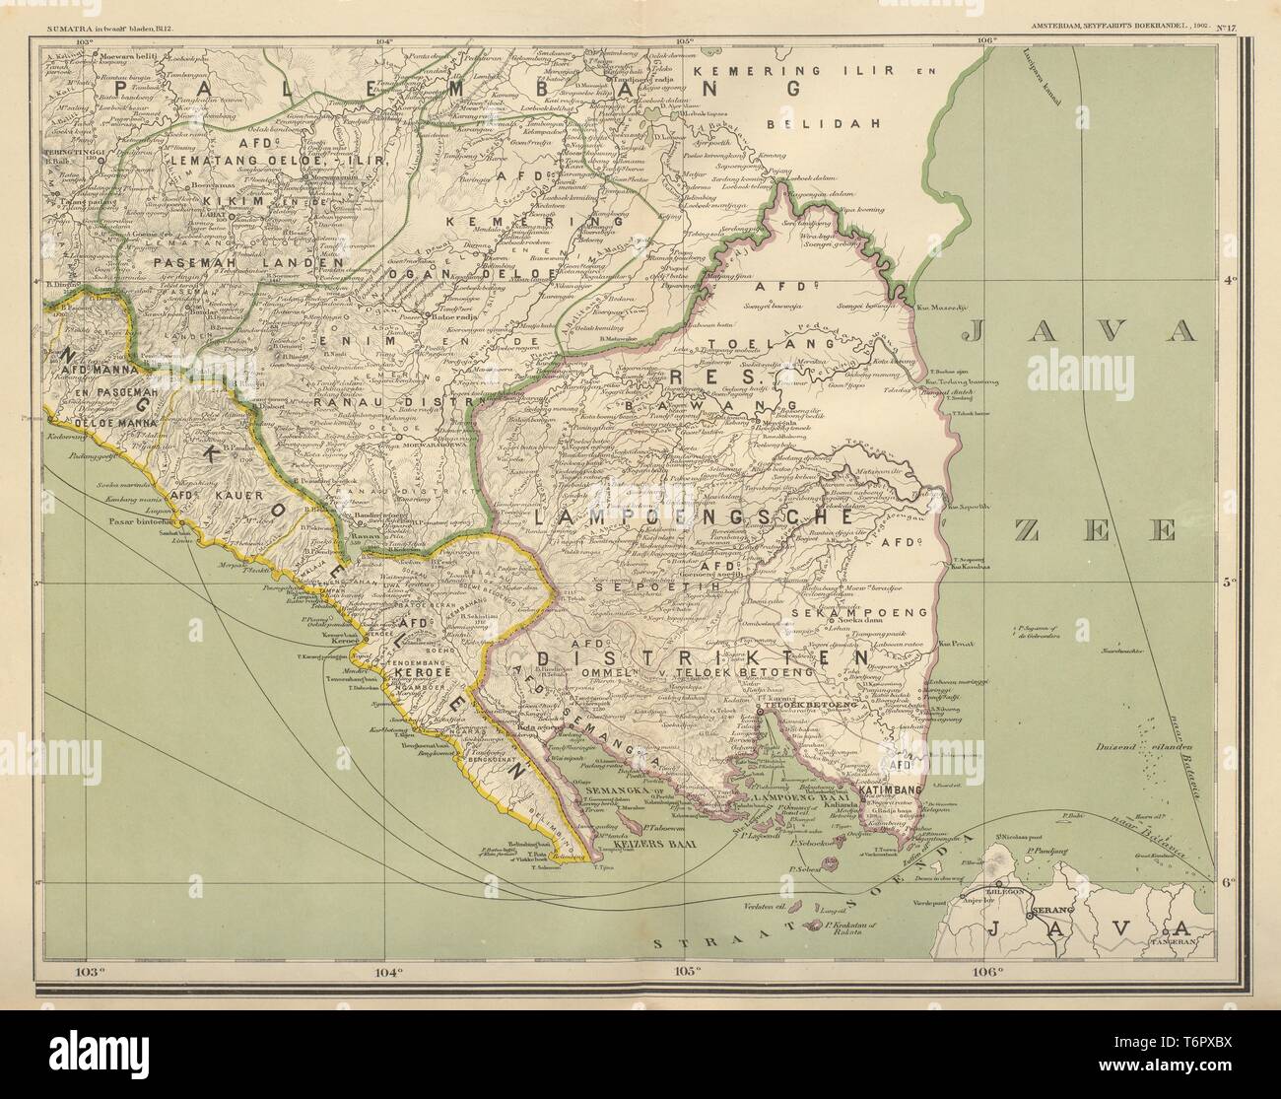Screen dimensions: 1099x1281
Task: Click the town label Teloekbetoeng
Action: pyautogui.click(x=798, y=706)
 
